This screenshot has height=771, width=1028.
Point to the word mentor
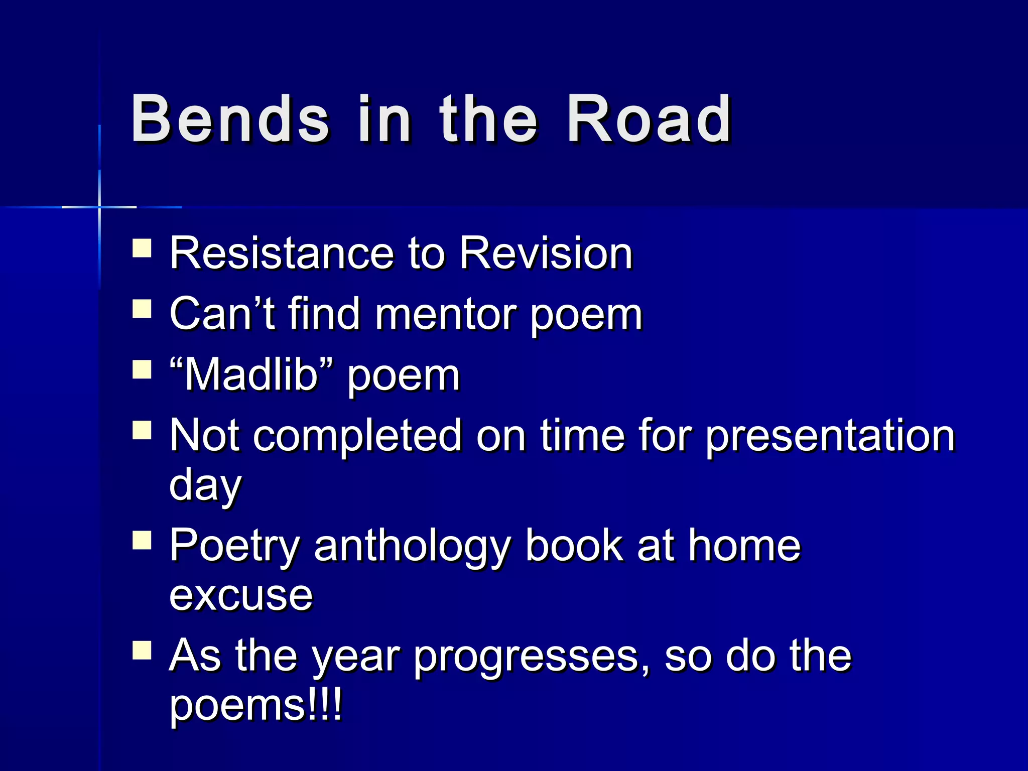pyautogui.click(x=445, y=315)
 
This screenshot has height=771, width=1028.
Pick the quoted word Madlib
pyautogui.click(x=251, y=375)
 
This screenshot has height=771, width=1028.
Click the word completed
pyautogui.click(x=357, y=435)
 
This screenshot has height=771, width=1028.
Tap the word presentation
pyautogui.click(x=830, y=435)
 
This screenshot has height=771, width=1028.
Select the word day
pyautogui.click(x=205, y=485)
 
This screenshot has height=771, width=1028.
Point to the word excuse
pyautogui.click(x=241, y=596)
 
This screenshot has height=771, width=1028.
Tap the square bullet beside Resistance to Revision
pyautogui.click(x=142, y=248)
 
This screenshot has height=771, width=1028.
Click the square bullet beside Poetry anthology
pyautogui.click(x=142, y=541)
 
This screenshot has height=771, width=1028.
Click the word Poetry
pyautogui.click(x=234, y=546)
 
